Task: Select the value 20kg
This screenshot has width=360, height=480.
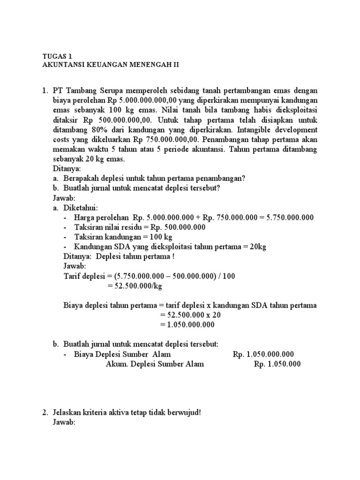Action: [257, 247]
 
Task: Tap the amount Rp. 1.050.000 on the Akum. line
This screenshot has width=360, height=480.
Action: [277, 364]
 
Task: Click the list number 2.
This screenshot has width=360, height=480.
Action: [45, 413]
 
